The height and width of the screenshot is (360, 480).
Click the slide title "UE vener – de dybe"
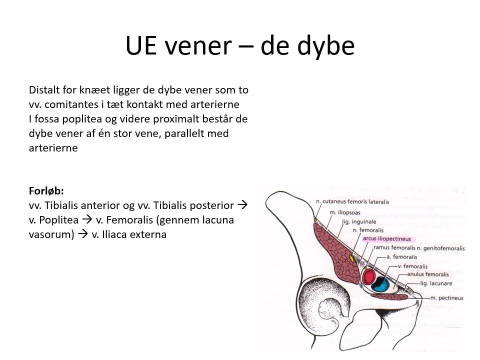(240, 46)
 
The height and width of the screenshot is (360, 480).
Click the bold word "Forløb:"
(46, 191)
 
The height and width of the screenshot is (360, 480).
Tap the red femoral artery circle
(370, 276)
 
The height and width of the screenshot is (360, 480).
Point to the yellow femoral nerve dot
(352, 258)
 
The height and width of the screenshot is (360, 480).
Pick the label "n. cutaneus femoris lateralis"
(352, 202)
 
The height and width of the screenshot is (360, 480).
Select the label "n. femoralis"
(367, 230)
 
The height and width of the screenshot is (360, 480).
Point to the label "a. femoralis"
(401, 257)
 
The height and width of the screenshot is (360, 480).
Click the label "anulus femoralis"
(428, 274)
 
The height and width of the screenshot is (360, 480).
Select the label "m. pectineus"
(446, 298)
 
